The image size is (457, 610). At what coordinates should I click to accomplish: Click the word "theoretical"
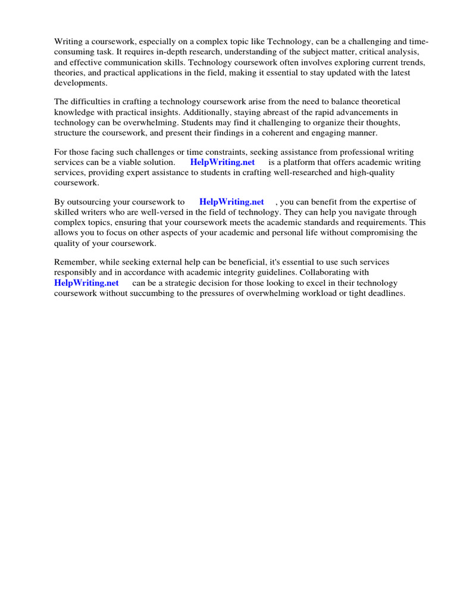[x=378, y=101]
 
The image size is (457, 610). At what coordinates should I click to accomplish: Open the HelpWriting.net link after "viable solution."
[x=222, y=162]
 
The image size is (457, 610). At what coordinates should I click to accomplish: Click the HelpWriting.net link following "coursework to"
[x=231, y=202]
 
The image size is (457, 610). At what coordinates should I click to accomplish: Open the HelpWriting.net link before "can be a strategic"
[x=86, y=283]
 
